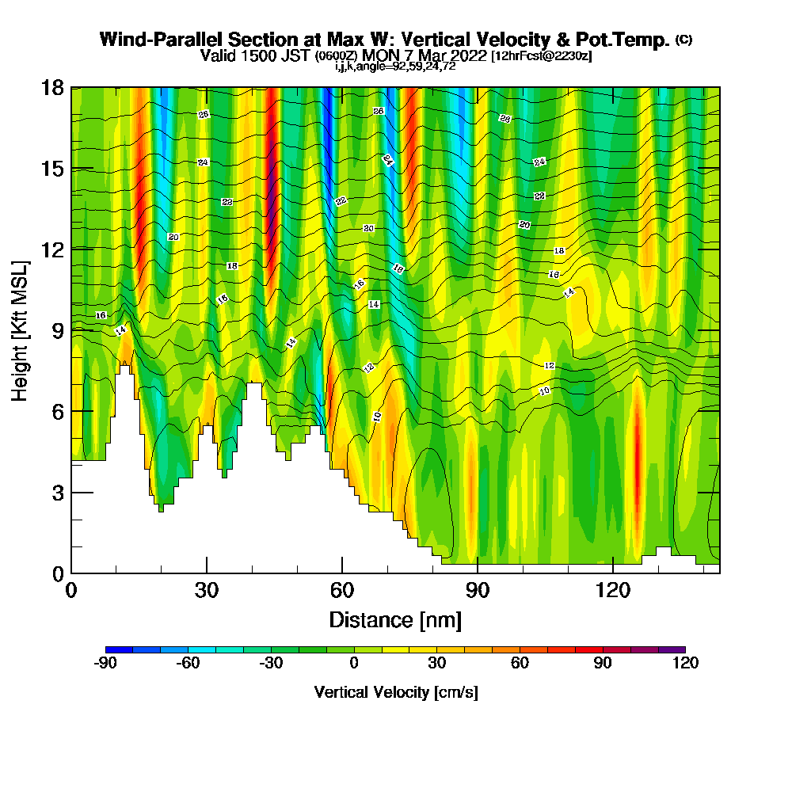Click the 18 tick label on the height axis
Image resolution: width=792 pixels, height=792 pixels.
click(52, 87)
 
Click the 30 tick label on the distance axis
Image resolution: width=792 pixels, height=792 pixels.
click(207, 592)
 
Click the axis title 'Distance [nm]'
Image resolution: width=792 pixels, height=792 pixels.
click(395, 619)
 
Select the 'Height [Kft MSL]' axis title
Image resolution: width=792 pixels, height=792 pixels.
click(21, 329)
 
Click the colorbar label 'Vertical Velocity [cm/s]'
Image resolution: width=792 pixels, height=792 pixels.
click(396, 692)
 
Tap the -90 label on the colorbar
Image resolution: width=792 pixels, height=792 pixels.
click(105, 664)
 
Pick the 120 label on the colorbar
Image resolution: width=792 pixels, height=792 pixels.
click(685, 664)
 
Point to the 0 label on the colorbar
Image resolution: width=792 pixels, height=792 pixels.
click(354, 664)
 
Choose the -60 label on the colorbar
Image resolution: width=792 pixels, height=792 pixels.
click(188, 664)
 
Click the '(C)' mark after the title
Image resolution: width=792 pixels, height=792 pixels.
click(683, 40)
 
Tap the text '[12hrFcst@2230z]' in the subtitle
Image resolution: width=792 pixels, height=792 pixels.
click(541, 56)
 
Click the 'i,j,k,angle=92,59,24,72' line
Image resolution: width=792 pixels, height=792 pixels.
click(395, 67)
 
